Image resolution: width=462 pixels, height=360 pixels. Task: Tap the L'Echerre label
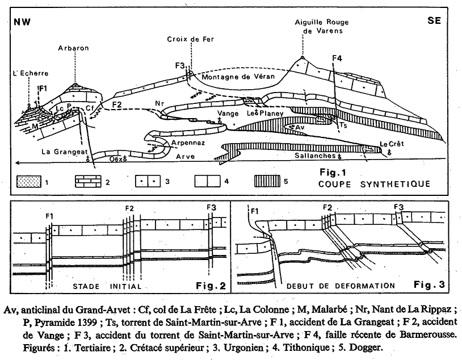click(27, 74)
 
